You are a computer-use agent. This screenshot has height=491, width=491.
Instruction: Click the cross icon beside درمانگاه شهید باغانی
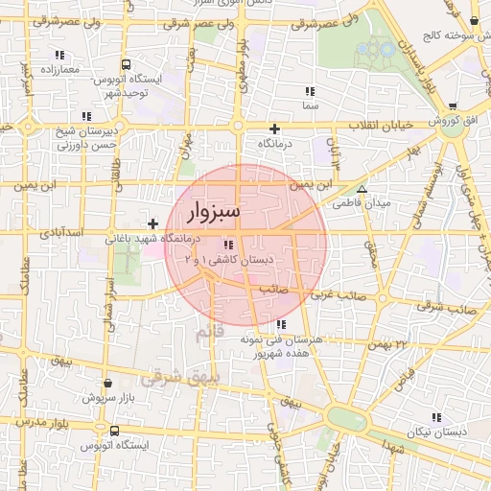tap(152, 223)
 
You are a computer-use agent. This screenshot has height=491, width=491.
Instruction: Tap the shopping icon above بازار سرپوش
tap(106, 383)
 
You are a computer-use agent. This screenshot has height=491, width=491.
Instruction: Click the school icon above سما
tap(309, 91)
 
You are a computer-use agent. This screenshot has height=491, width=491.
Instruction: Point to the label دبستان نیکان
tap(437, 433)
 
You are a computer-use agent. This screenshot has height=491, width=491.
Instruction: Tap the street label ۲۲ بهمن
tap(387, 342)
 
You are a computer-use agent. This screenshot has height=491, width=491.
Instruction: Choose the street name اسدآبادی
tap(62, 233)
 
